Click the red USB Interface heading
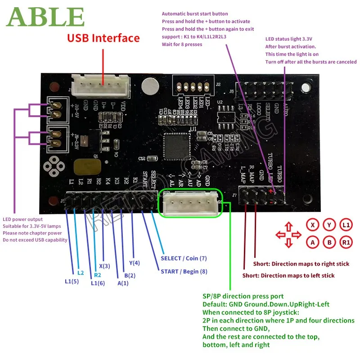pos(103,38)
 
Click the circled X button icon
pos(313,225)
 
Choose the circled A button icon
pos(313,242)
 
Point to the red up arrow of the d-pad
pos(288,226)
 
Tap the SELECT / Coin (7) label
pos(184,258)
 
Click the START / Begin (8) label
pos(184,271)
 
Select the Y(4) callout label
pos(135,263)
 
